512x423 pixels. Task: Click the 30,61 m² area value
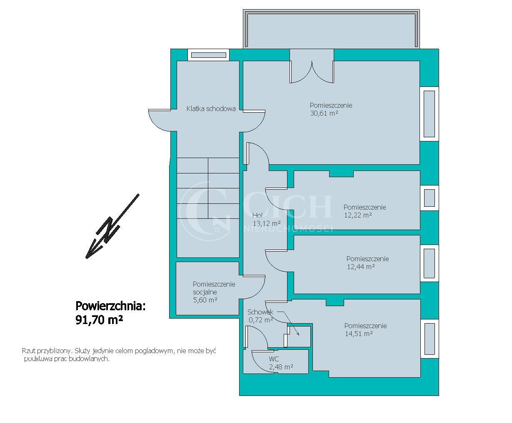(x=324, y=113)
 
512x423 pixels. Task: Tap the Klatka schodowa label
(x=211, y=109)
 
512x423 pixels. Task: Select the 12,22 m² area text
(x=358, y=215)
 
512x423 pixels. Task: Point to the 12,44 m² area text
(x=361, y=267)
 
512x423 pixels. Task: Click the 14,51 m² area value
(x=359, y=334)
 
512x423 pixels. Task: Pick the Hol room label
(x=257, y=215)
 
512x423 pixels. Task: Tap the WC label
(x=274, y=359)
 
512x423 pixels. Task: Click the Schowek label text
(x=260, y=312)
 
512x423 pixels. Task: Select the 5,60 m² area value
(x=205, y=300)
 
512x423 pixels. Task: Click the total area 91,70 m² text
(x=99, y=320)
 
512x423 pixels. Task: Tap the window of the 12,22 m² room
(x=430, y=198)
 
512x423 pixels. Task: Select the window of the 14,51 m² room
(x=430, y=339)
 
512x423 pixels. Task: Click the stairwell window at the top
(x=209, y=55)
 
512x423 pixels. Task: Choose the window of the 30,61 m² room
(x=430, y=114)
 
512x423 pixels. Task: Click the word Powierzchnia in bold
(x=110, y=306)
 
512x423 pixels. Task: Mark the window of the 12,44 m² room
(x=430, y=263)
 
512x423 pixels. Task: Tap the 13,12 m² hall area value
(x=267, y=223)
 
